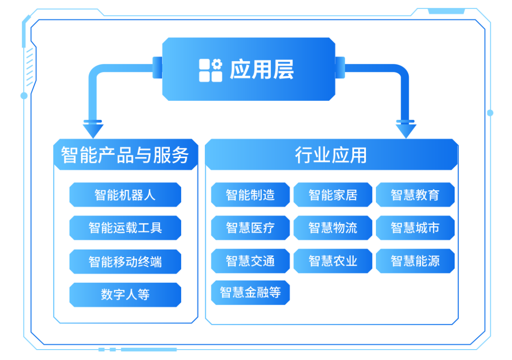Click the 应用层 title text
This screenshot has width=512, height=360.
[262, 70]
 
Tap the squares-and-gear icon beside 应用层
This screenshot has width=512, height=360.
[210, 70]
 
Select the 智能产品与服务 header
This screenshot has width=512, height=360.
[125, 155]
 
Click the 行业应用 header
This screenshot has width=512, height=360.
[331, 155]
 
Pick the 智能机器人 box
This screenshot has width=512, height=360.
[125, 195]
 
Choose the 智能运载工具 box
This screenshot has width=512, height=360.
[125, 228]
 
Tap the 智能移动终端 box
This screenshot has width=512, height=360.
[125, 261]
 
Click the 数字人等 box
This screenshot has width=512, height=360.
[125, 295]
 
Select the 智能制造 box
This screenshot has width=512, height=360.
[250, 195]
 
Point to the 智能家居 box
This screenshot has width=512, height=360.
[333, 195]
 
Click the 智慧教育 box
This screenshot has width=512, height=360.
[415, 195]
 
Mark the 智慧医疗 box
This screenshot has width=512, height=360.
[250, 228]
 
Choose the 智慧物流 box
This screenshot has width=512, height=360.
[333, 228]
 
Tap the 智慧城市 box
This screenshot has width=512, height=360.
[415, 228]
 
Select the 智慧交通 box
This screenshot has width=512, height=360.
[250, 261]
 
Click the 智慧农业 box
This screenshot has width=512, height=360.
[333, 261]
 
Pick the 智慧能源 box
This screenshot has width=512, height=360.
[415, 261]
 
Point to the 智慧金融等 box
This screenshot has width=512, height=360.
[250, 292]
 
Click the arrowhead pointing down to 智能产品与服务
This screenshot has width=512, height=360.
[93, 129]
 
